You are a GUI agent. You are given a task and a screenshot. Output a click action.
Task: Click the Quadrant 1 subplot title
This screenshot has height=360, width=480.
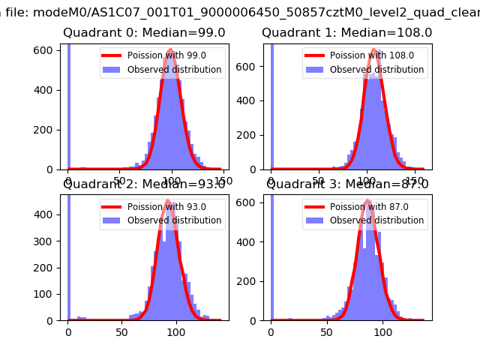click(346, 33)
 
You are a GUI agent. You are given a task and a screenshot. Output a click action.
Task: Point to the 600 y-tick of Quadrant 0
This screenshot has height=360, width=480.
click(46, 49)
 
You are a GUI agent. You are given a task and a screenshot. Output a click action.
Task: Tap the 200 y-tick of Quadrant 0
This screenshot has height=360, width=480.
click(46, 130)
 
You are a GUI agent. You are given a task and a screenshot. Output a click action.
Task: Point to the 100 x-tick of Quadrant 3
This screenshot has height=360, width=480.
click(382, 331)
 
